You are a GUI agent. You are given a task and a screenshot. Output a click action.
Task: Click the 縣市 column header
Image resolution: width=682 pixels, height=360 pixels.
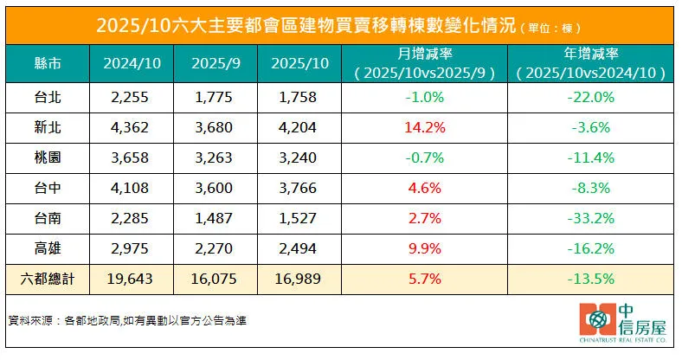click(47, 64)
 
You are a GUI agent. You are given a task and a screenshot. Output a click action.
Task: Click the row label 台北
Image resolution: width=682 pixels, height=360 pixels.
click(47, 98)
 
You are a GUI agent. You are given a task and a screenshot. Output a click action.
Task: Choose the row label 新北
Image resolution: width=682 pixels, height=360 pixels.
click(47, 127)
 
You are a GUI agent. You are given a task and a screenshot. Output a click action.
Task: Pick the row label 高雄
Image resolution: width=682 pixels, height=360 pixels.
click(47, 248)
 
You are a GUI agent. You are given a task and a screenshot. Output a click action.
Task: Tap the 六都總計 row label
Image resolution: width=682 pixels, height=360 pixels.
click(47, 279)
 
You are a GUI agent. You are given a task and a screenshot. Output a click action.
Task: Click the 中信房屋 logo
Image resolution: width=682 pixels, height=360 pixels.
click(623, 325)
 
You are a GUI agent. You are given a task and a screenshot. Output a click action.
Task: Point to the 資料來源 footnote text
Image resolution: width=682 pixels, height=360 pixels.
click(126, 320)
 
